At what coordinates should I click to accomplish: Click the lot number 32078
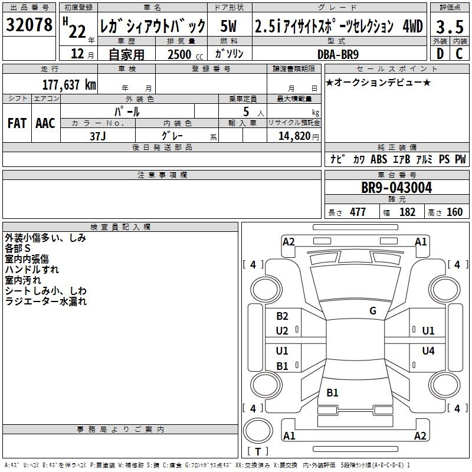[x=29, y=24]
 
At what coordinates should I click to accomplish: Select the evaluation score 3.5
[x=448, y=26]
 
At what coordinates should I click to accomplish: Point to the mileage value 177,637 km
[x=69, y=84]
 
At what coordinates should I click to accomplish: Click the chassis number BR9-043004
[x=396, y=188]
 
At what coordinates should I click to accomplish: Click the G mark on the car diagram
[x=373, y=311]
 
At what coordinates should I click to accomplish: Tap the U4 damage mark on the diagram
[x=428, y=351]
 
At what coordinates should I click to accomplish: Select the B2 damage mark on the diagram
[x=282, y=316]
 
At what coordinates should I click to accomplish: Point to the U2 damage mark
[x=282, y=331]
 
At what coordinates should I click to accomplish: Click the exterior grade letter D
[x=440, y=54]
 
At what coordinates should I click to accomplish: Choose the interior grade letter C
[x=458, y=54]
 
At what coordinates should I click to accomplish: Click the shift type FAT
[x=17, y=123]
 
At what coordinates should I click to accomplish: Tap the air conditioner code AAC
[x=45, y=123]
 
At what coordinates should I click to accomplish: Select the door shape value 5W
[x=229, y=26]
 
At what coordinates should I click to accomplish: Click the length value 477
[x=358, y=212]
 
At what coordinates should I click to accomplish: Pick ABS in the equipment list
[x=378, y=159]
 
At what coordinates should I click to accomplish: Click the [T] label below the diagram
[x=258, y=451]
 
